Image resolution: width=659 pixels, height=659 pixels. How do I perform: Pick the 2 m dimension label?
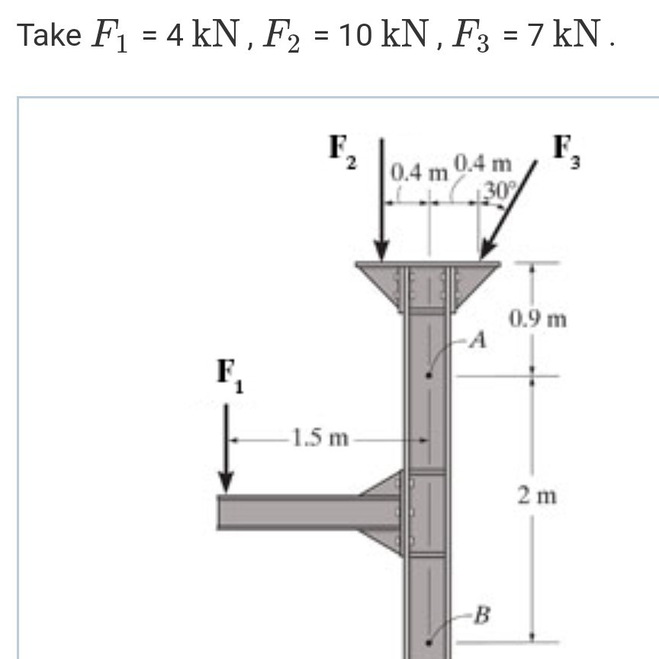(x=536, y=497)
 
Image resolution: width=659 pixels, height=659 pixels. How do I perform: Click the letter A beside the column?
(x=477, y=339)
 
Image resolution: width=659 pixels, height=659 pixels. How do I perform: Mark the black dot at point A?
(x=429, y=375)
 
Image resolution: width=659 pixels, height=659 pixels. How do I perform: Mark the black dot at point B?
(x=429, y=645)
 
